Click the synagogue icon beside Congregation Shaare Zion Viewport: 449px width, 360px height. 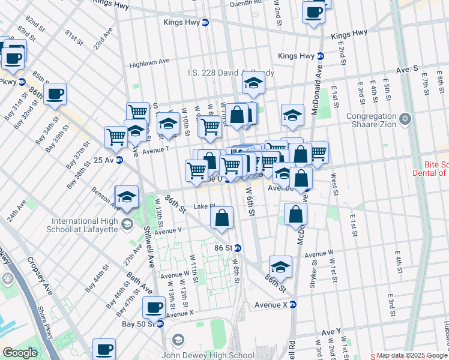406,118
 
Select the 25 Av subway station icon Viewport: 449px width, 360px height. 119,160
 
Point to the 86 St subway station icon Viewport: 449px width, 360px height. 238,248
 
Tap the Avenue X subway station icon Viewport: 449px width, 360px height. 293,304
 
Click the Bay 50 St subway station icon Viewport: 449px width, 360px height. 160,324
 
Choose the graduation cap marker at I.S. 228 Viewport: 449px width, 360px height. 253,84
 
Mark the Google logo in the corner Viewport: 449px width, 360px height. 20,353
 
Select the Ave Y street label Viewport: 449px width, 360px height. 331,331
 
